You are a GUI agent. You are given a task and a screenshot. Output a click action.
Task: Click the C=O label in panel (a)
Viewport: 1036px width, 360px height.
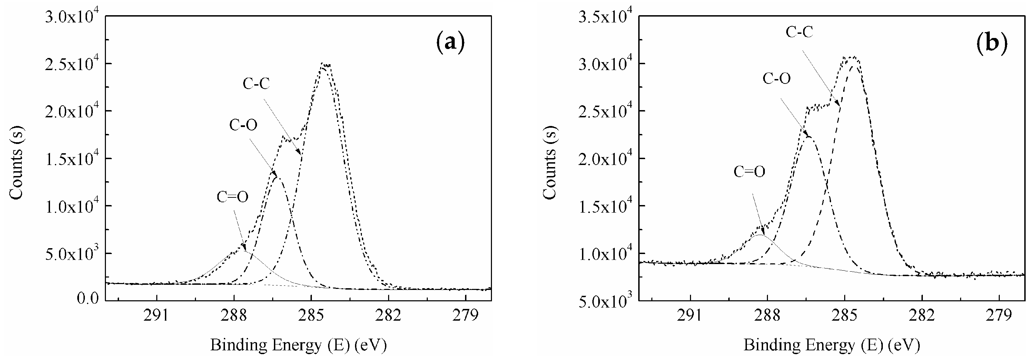233,197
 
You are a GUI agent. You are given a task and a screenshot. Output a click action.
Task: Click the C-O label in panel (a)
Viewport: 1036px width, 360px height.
243,125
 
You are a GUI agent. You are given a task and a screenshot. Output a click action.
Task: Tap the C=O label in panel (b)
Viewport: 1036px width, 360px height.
749,172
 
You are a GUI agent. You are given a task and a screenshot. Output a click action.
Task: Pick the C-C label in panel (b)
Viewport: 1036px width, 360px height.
800,32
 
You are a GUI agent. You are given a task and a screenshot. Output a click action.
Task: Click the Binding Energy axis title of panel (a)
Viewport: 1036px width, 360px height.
298,345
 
